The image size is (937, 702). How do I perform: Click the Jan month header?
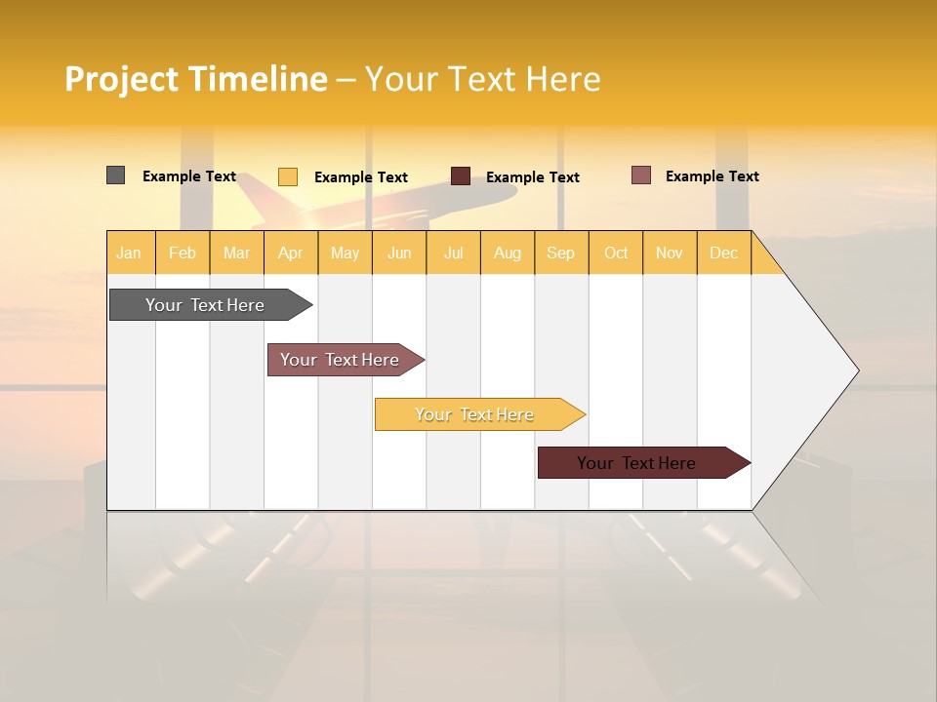click(x=129, y=253)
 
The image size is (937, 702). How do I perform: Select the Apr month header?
click(x=291, y=253)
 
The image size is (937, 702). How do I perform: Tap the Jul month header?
click(x=453, y=253)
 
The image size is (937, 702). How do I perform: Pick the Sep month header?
click(x=560, y=253)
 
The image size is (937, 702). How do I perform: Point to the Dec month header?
click(x=723, y=253)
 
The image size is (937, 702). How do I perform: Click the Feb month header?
click(x=183, y=253)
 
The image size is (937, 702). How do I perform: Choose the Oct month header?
click(x=616, y=253)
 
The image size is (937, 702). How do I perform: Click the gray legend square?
click(x=115, y=175)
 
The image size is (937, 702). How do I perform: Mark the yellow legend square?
click(x=287, y=176)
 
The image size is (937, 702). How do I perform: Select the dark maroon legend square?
click(x=461, y=176)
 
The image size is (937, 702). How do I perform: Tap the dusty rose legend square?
click(x=640, y=175)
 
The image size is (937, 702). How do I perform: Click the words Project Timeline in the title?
click(x=195, y=79)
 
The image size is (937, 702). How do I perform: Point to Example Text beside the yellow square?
click(x=361, y=177)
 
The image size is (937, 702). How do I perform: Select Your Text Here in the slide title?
click(x=482, y=79)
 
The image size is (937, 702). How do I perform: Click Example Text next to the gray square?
click(x=189, y=176)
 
